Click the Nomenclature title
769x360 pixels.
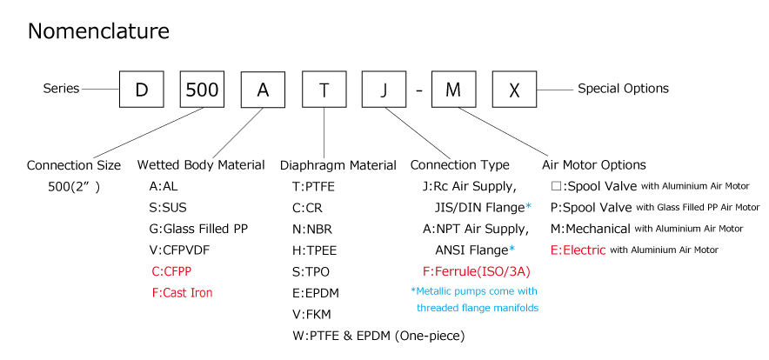(98, 31)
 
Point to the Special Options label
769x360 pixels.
(623, 89)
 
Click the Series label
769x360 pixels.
(61, 89)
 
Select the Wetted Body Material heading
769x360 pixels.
(201, 165)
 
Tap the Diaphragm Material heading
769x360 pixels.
(338, 165)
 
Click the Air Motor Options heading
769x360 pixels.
(594, 165)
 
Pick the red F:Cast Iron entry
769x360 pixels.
(183, 293)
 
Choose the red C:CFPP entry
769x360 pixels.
(171, 271)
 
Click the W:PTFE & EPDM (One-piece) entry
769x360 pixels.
(378, 336)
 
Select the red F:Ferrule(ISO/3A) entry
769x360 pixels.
(476, 271)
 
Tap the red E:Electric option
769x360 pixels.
(578, 250)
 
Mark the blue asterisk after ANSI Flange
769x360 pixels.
(512, 250)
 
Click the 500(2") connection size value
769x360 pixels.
(74, 187)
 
